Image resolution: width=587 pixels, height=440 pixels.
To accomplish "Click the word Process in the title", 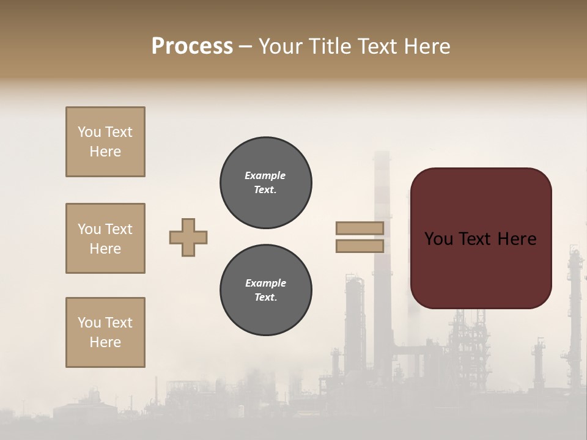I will pos(192,46).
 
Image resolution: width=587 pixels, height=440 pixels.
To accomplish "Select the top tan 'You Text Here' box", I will pos(105,142).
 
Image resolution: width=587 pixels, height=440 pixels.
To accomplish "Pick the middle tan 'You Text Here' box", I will pos(105,238).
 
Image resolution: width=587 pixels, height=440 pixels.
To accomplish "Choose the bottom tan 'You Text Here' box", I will pos(105,332).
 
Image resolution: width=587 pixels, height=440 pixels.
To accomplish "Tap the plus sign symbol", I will pos(188,237).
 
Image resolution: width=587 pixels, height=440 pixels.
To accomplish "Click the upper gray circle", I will pos(265,183).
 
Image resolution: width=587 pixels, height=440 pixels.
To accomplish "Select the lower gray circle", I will pos(265,290).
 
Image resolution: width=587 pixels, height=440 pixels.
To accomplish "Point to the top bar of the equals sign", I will pos(360,229).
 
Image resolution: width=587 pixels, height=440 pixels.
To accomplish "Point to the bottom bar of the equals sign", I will pos(360,246).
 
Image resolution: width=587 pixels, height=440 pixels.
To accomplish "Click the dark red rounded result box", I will pos(481,238).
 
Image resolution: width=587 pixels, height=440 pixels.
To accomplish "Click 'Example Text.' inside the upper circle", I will pos(265,183).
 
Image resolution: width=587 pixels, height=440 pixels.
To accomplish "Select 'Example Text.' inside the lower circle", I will pos(265,290).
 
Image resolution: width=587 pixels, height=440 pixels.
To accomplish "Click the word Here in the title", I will pos(429,46).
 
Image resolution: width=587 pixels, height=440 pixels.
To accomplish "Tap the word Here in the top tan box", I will pos(105,152).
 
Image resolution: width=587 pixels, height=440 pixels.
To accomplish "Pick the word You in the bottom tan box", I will pos(89,323).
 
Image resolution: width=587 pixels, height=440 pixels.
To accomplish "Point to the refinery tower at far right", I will pos(574,306).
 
